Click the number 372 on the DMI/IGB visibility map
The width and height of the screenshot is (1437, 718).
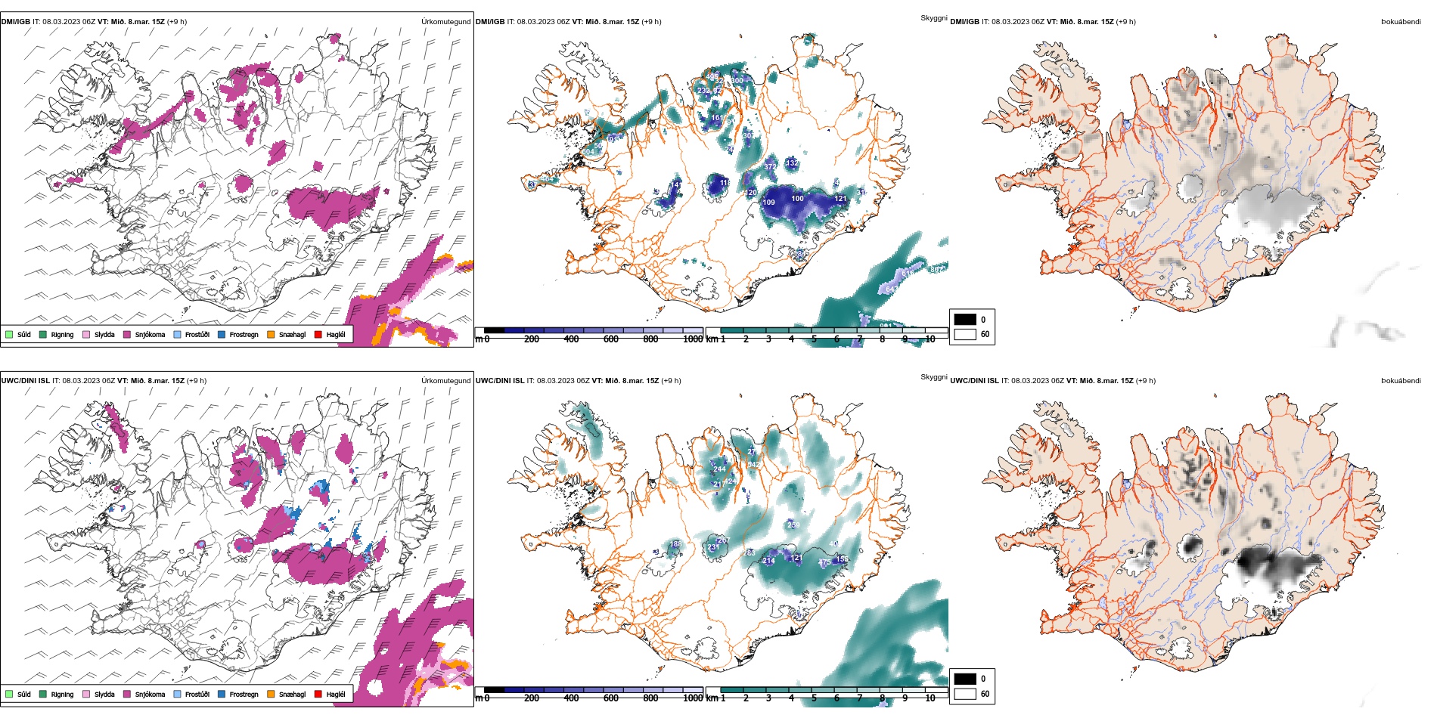click(770, 166)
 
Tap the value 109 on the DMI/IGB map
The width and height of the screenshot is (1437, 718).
click(768, 203)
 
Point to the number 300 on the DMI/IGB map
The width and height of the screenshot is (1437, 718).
click(737, 80)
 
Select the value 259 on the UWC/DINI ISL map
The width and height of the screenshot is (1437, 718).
click(793, 525)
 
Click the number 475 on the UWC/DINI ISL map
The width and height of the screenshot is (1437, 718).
click(825, 563)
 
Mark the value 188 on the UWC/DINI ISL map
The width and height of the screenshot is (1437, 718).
click(676, 543)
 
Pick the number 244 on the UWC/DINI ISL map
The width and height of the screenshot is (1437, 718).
click(719, 469)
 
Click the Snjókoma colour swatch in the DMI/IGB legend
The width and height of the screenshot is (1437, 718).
click(127, 334)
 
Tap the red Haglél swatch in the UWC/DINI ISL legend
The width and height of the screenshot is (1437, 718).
click(318, 694)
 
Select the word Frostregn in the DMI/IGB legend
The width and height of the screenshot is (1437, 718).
click(244, 335)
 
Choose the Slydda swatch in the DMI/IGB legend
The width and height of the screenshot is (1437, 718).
click(86, 334)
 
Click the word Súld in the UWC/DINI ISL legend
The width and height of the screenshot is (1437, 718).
click(24, 695)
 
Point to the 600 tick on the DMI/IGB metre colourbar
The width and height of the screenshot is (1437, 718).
click(611, 339)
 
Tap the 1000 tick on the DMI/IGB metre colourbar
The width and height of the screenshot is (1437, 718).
click(692, 339)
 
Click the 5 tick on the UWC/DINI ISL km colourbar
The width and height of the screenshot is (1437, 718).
click(814, 698)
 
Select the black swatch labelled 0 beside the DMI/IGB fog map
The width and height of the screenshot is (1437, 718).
click(965, 319)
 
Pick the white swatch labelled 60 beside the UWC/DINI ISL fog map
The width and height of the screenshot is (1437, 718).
click(965, 694)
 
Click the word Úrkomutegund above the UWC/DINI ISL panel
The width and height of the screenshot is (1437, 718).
click(445, 381)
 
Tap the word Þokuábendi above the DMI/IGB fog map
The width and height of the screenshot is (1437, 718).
click(1401, 22)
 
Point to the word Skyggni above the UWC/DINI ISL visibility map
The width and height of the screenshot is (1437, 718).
click(933, 376)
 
